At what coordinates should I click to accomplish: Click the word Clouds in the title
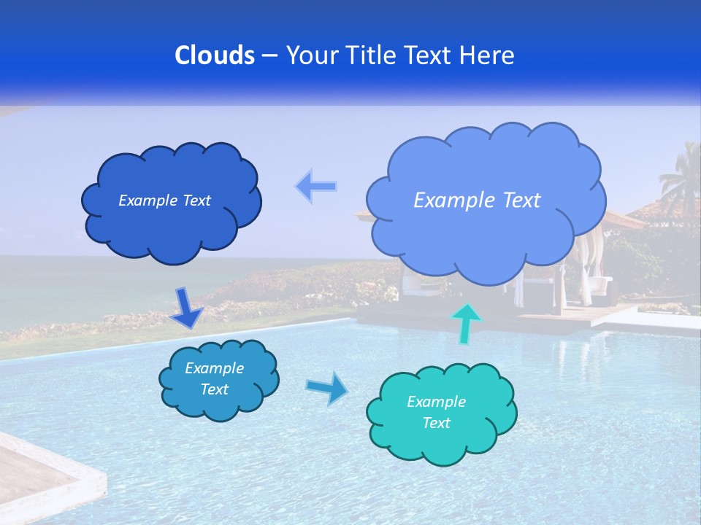pos(214,55)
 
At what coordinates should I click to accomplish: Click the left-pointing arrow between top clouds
pos(316,187)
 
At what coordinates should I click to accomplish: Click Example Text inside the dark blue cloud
pos(164,201)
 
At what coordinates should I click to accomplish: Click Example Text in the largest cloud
pos(477,201)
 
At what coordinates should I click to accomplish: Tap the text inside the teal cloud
pos(436,412)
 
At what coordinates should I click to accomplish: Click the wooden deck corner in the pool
pos(44,474)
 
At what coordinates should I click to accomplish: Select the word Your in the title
pos(309,55)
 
